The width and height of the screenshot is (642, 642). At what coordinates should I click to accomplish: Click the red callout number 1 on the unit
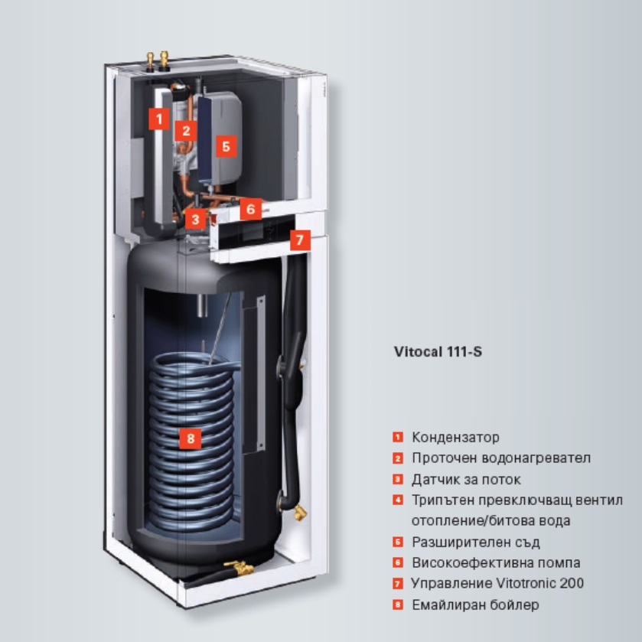click(159, 119)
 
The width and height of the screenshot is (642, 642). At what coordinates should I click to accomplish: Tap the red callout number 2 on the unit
click(186, 131)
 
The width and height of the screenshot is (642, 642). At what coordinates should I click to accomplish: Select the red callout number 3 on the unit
click(195, 219)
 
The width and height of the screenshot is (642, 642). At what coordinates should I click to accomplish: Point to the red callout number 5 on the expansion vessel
click(226, 147)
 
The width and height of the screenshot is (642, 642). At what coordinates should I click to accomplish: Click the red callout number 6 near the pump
click(250, 209)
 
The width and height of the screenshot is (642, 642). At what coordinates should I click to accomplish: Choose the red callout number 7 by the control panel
click(300, 240)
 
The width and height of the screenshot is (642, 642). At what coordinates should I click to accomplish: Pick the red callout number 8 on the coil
click(191, 438)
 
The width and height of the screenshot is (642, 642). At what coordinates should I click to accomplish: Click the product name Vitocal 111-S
click(438, 352)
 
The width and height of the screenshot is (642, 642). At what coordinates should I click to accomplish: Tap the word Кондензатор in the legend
click(455, 437)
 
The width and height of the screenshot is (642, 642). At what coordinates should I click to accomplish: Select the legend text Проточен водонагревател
click(501, 458)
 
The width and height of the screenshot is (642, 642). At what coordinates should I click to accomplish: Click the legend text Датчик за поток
click(466, 479)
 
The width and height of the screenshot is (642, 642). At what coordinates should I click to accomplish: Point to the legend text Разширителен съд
click(476, 542)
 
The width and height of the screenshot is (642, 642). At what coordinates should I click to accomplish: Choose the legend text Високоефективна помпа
click(496, 562)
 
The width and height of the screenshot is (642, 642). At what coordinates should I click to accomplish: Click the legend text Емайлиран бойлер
click(475, 605)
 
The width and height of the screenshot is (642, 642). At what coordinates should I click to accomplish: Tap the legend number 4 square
click(398, 500)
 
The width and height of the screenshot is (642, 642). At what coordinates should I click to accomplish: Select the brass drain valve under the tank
click(239, 568)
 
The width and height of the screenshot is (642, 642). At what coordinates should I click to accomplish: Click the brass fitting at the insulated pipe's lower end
click(300, 512)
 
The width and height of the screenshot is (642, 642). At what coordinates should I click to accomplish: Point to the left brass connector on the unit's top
click(151, 60)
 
